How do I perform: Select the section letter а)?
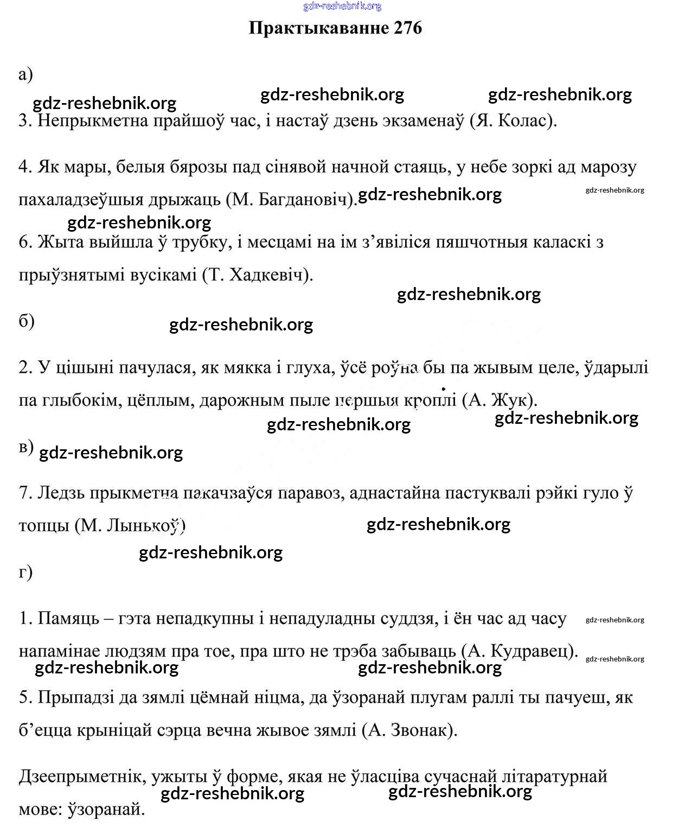click(25, 74)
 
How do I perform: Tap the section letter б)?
click(27, 321)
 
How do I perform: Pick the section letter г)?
click(25, 571)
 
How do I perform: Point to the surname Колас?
click(523, 120)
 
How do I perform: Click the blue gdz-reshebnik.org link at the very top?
click(342, 6)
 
